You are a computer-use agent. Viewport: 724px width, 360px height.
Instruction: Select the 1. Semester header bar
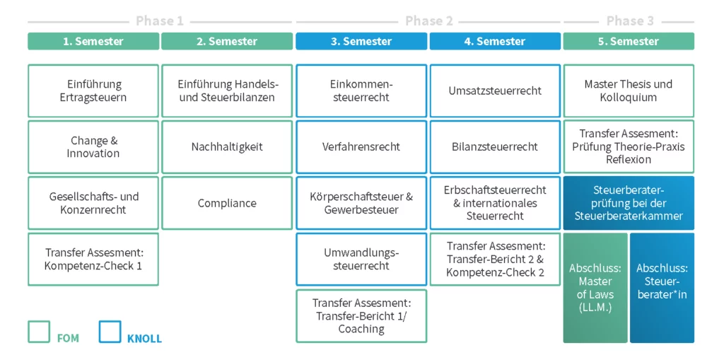(93, 41)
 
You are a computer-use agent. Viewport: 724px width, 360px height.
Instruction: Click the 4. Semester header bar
(495, 41)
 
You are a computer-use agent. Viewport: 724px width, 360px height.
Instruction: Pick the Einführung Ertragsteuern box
(93, 91)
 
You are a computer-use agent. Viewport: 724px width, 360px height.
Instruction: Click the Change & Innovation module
(93, 146)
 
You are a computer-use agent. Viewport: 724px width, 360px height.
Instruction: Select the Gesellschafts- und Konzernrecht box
(93, 203)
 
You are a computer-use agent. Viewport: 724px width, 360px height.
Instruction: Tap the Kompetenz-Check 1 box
(93, 259)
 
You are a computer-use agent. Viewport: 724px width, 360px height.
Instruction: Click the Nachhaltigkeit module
(227, 146)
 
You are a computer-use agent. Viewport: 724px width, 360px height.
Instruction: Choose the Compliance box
(227, 203)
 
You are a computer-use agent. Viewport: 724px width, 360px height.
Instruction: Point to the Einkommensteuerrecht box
(361, 91)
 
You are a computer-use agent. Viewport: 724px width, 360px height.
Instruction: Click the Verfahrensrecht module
(361, 146)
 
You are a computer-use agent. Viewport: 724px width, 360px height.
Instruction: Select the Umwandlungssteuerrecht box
(361, 259)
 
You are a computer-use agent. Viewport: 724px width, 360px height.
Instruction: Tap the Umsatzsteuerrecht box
(495, 91)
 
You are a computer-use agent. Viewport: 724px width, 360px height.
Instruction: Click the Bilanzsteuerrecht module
(495, 146)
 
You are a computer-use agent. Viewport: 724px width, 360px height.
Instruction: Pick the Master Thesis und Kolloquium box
(629, 91)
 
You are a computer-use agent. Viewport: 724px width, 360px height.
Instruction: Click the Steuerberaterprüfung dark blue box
(629, 203)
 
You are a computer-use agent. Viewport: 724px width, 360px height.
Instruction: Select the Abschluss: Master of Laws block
(595, 288)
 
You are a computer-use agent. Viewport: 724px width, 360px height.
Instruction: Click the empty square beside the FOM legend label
(39, 332)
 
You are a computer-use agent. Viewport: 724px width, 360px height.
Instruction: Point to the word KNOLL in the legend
(144, 339)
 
